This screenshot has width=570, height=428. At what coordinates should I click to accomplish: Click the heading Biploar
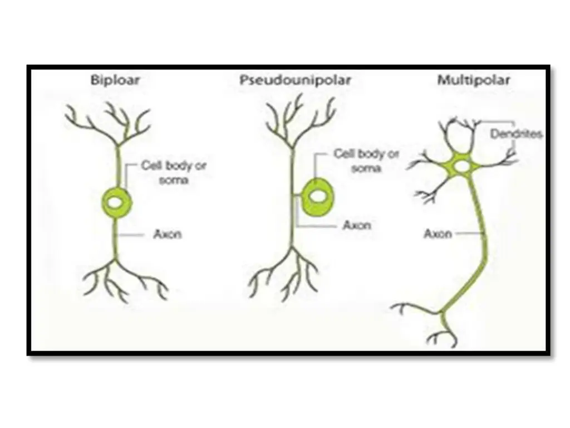point(115,80)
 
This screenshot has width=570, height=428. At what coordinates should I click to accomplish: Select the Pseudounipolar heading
point(296,80)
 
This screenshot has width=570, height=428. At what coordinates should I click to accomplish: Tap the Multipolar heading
point(474,80)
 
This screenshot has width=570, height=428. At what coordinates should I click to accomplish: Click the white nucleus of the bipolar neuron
point(117,204)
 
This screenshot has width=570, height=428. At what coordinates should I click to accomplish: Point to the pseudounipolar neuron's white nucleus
point(319,196)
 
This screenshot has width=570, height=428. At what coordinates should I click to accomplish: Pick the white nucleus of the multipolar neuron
point(461,166)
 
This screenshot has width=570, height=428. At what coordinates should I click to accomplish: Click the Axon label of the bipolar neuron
point(168,235)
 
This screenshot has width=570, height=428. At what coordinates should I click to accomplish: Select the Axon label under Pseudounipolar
point(357,226)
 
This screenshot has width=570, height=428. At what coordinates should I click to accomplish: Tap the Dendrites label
point(516,134)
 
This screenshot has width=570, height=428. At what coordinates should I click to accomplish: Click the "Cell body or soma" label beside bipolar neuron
point(174,173)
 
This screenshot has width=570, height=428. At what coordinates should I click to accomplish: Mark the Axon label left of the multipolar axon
point(438,234)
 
